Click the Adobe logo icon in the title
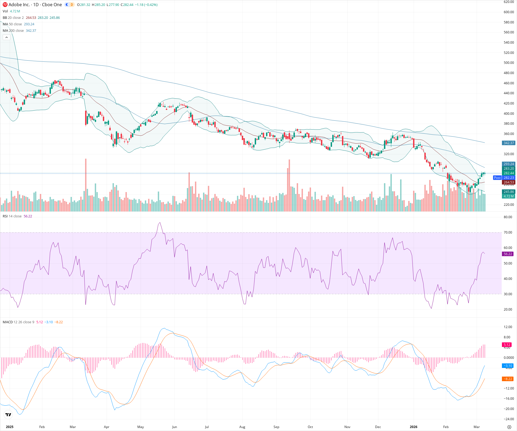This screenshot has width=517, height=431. click(x=5, y=5)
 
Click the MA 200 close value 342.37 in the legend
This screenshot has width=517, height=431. click(x=31, y=31)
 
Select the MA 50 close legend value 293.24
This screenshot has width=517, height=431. click(x=29, y=24)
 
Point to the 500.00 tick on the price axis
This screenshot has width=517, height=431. click(x=509, y=63)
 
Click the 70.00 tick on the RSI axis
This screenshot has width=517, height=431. click(x=508, y=232)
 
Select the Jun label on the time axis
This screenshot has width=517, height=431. click(x=174, y=427)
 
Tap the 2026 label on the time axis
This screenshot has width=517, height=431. click(x=413, y=427)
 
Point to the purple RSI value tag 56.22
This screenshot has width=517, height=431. click(x=508, y=254)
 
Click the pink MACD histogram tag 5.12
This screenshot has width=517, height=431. click(x=507, y=345)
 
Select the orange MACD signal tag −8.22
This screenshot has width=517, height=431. click(x=508, y=379)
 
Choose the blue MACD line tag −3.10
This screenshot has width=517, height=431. click(x=508, y=366)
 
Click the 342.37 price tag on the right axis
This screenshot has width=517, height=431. click(x=509, y=143)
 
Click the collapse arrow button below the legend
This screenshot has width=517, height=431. click(x=6, y=37)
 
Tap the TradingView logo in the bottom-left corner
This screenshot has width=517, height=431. click(x=8, y=415)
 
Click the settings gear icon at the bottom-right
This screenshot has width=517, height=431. click(x=509, y=427)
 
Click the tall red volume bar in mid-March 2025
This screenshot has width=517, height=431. click(x=86, y=186)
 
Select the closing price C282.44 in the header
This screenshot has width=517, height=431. click(x=127, y=5)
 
